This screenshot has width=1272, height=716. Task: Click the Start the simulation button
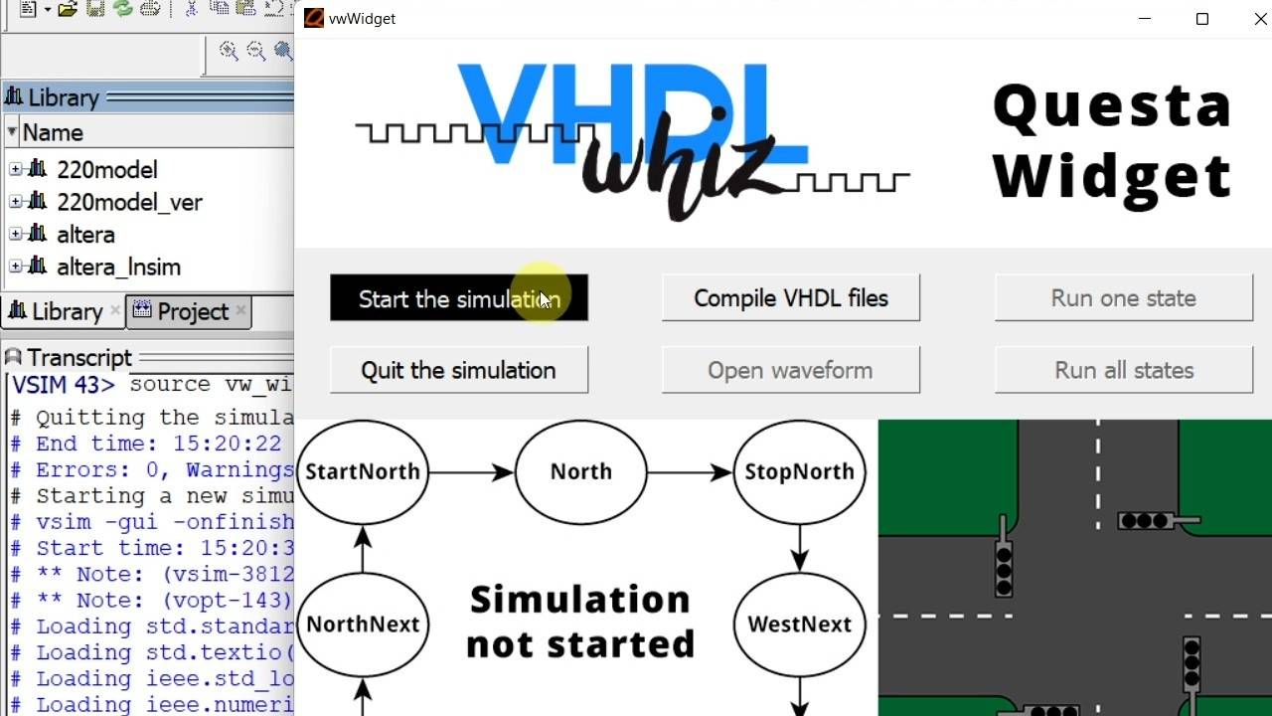[459, 298]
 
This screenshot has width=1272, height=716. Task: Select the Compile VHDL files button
[791, 298]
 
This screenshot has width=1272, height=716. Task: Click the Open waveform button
[791, 370]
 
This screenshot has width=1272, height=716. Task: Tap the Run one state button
[1124, 298]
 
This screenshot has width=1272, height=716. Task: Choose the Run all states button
[1124, 370]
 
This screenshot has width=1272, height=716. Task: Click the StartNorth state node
[363, 471]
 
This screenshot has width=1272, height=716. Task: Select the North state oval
[581, 471]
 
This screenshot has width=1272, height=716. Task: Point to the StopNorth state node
[800, 471]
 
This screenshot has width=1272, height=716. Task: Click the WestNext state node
[800, 625]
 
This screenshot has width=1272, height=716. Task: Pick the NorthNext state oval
[363, 625]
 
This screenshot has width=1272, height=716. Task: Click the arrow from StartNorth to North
[472, 472]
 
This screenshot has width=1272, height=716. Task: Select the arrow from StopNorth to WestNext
[800, 547]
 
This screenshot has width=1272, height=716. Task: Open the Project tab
[192, 312]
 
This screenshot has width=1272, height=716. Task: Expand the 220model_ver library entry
[16, 203]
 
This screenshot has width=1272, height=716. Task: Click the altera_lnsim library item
[118, 268]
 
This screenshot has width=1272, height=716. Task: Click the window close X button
[1260, 19]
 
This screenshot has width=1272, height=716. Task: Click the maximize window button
[1202, 19]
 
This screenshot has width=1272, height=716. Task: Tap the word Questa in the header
[1112, 105]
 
